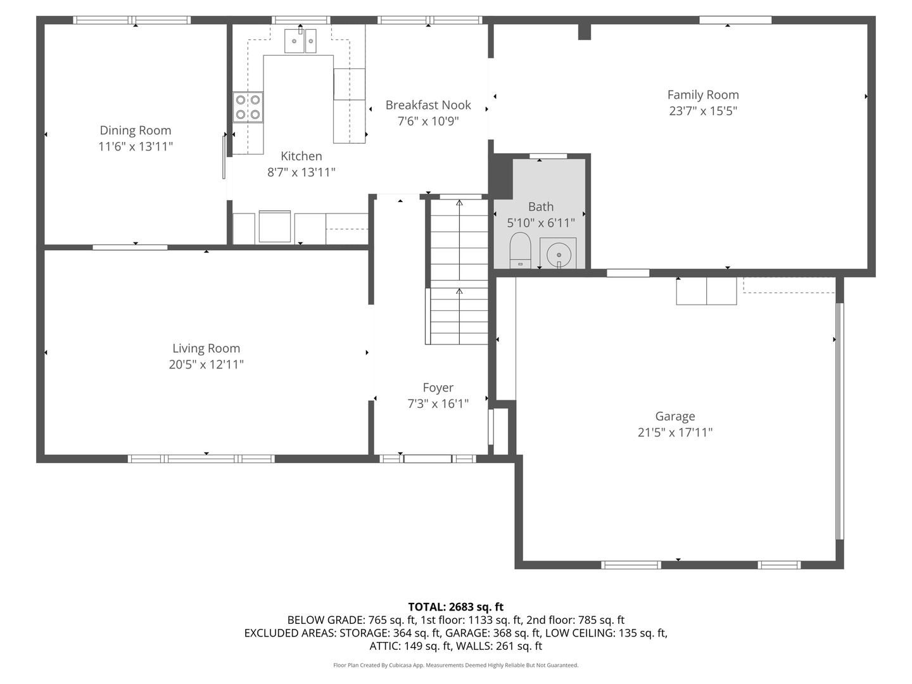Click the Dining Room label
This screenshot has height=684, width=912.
coord(136,130)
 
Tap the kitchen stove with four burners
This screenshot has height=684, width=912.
coord(248,107)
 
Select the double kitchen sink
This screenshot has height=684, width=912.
coord(300,41)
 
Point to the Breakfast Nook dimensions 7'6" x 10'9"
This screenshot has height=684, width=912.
coord(428,121)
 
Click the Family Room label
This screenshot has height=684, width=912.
coord(703,95)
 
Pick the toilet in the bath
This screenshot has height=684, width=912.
coord(520,251)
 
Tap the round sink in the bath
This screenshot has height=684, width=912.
coord(559,255)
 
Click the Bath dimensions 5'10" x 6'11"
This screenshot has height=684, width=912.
coord(541,223)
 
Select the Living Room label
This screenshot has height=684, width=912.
coord(206,348)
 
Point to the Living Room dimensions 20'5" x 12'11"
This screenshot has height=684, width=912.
coord(206,365)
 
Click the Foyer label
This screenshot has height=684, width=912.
coord(438,388)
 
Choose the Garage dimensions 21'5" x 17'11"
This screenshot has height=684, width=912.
coord(675,433)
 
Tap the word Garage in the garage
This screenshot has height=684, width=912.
coord(675,416)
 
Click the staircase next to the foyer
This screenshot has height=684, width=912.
coord(459,272)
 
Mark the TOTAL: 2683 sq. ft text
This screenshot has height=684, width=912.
coord(456,607)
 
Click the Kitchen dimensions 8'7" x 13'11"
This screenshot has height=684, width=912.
coord(301,172)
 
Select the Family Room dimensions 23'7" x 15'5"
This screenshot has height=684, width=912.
coord(703,111)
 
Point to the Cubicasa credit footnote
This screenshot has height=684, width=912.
coord(456,665)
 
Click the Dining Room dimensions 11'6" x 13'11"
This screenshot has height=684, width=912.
coord(136,146)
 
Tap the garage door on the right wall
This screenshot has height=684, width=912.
coord(839,421)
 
